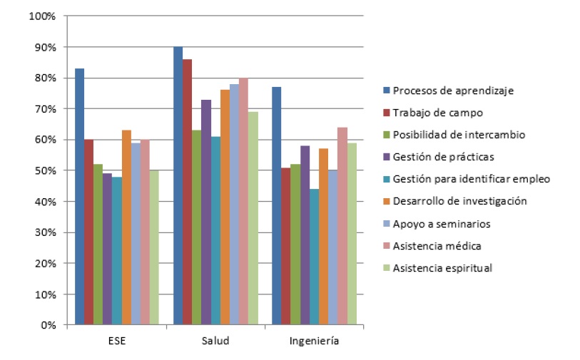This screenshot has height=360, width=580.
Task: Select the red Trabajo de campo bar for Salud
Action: [x=187, y=192]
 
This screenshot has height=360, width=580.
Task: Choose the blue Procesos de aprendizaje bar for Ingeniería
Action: [x=276, y=206]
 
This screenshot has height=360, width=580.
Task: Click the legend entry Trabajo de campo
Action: [x=434, y=112]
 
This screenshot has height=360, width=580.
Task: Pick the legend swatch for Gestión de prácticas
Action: [x=386, y=157]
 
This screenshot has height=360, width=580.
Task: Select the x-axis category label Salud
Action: [x=215, y=341]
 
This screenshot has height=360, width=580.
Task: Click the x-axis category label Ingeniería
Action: [x=314, y=341]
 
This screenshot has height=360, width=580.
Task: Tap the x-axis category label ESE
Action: [x=116, y=341]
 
